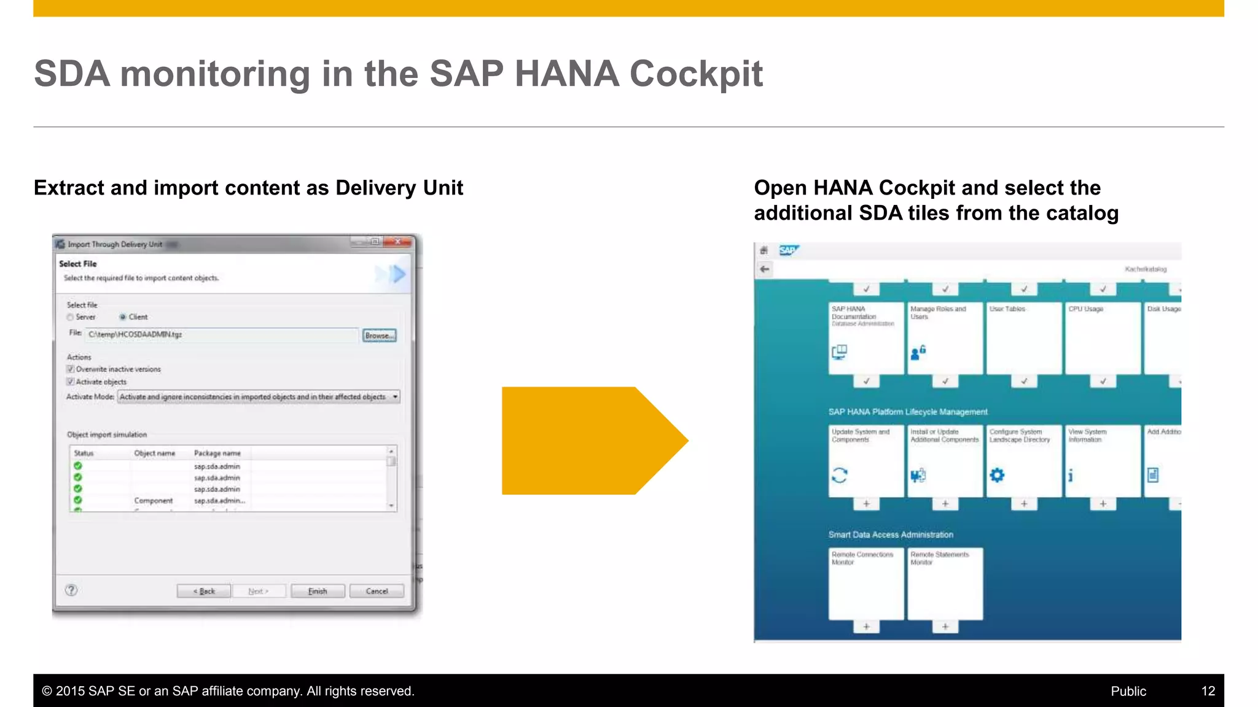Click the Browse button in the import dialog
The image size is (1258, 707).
coord(379,336)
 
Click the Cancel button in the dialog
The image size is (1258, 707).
coord(377,591)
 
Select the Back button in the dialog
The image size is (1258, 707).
coord(204,591)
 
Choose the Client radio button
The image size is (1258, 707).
coord(123,317)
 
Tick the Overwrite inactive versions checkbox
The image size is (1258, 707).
coord(71,369)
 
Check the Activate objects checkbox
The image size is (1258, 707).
coord(71,382)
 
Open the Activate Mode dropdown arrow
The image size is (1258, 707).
coord(395,397)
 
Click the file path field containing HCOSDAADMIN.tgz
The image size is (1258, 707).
coord(221,334)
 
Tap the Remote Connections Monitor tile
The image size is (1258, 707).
coord(865,584)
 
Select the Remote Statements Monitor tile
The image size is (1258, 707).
coord(945,584)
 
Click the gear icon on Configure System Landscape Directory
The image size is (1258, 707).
coord(997,475)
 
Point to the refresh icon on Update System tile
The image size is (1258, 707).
coord(840,475)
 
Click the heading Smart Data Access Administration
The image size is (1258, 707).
coord(891,535)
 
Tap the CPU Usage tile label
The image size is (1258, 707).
coord(1085,309)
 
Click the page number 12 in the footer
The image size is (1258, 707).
coord(1208,691)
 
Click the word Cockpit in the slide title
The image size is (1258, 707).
coord(696,74)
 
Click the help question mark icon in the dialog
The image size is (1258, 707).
coord(71,590)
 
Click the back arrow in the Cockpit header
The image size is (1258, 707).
coord(765,269)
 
